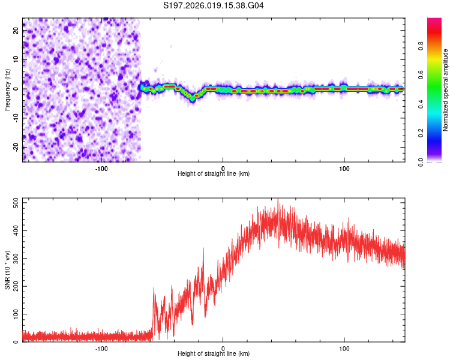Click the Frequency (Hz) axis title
(7, 89)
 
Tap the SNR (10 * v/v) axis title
(7, 270)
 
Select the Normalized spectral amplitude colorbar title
(446, 90)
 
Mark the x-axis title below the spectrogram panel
(214, 173)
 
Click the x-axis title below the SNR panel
(214, 354)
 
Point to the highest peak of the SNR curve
(278, 200)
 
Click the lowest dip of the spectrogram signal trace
(195, 96)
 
